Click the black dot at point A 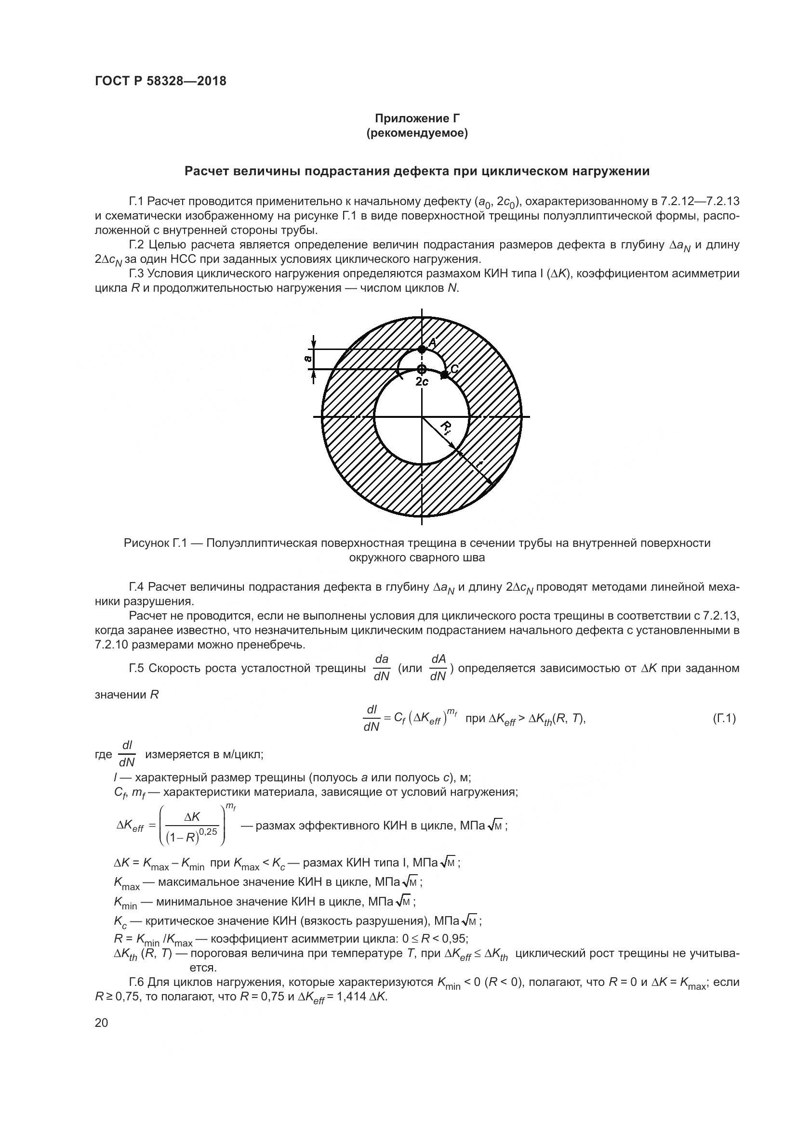click(x=422, y=349)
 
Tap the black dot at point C click(x=444, y=375)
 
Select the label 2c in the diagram click(x=422, y=382)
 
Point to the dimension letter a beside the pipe click(x=308, y=359)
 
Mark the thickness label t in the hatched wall click(x=478, y=463)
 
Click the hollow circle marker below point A click(x=422, y=369)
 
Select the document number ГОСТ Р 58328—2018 click(x=160, y=81)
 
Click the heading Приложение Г click(x=417, y=118)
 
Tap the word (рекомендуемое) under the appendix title click(x=417, y=133)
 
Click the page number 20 click(x=101, y=1022)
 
